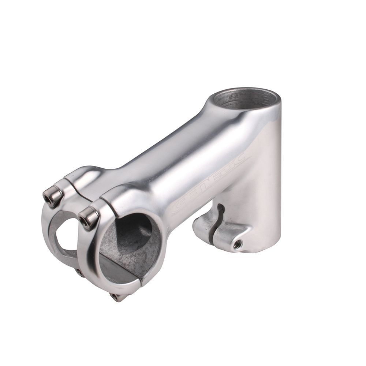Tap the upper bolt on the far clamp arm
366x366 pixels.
click(x=53, y=196)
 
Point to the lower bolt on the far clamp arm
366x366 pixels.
click(x=79, y=272)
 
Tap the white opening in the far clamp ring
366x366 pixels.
click(x=68, y=234)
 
